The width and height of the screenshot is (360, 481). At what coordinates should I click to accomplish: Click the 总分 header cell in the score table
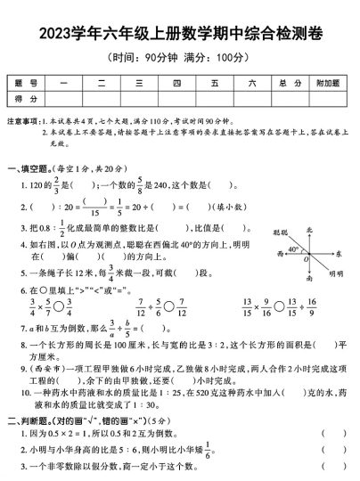coord(283,84)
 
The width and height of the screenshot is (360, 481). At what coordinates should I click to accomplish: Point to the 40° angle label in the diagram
coord(292,249)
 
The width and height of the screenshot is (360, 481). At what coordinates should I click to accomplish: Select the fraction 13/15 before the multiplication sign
coord(247,308)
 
